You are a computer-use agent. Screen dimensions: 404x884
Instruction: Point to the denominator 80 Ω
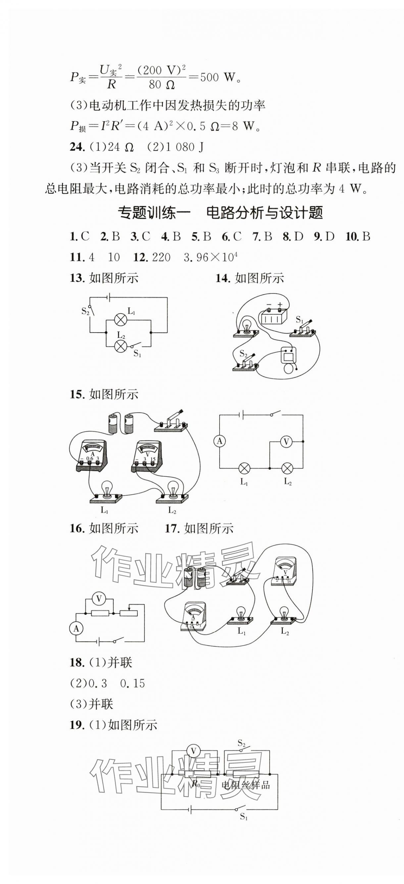pos(161,85)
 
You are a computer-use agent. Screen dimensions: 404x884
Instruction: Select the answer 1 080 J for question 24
pos(185,147)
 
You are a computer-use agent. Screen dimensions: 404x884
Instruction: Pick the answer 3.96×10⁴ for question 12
pos(211,257)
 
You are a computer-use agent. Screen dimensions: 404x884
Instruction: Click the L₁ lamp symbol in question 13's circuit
pos(121,320)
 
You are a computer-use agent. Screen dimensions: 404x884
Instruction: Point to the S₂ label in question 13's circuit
pos(85,311)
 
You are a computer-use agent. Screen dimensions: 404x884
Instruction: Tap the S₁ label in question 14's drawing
pos(299,320)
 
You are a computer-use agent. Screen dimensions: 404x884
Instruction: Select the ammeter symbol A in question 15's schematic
pos(220,441)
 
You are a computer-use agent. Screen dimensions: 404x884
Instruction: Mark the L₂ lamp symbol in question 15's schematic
pos(287,468)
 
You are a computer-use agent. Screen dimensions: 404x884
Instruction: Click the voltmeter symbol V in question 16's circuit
pos(99,599)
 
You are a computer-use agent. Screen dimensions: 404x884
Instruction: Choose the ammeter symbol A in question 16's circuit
pos(76,628)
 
